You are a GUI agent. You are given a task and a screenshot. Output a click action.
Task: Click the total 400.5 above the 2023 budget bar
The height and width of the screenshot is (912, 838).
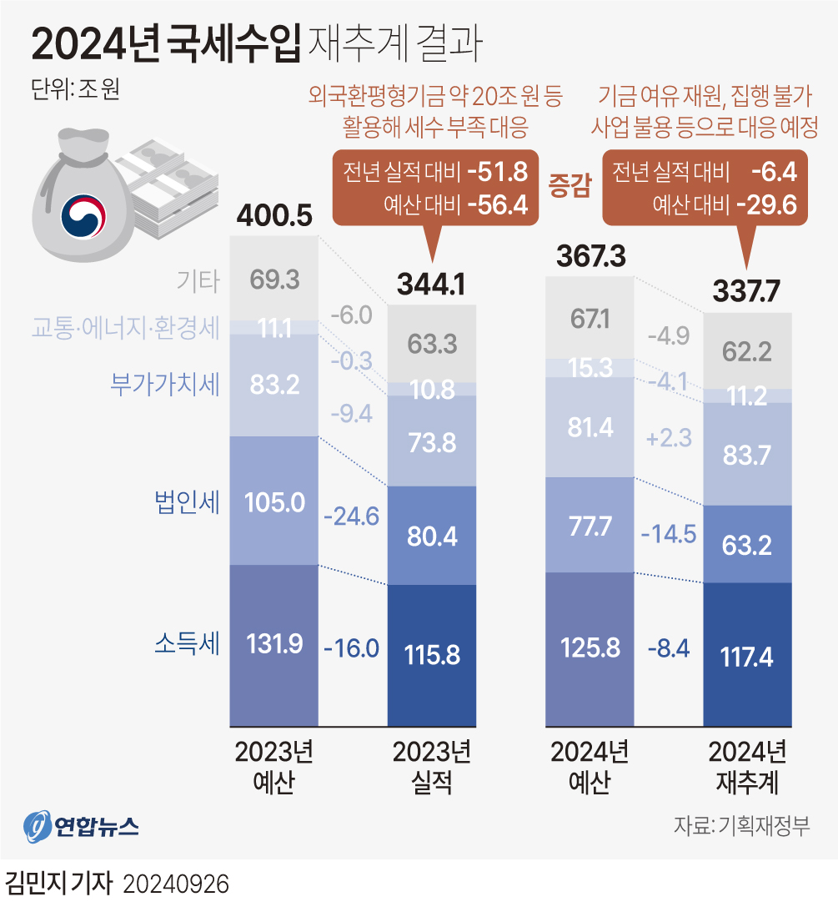[x=274, y=216]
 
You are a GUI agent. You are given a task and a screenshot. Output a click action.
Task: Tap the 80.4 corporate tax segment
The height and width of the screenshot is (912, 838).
[x=432, y=535]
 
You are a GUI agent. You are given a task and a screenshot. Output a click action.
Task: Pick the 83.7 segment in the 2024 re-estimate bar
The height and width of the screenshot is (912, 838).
[x=747, y=455]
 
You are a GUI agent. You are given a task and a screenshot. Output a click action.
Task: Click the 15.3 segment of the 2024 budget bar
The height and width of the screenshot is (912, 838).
[x=589, y=368]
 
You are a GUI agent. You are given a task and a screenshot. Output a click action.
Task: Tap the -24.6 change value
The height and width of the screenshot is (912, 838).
[x=351, y=516]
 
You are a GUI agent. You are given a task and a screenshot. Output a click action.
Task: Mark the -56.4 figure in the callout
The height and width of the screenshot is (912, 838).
[x=498, y=204]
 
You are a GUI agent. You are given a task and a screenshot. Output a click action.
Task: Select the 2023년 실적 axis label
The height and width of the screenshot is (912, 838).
[x=432, y=767]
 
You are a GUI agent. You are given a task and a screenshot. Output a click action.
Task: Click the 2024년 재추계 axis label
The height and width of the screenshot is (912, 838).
[x=747, y=767]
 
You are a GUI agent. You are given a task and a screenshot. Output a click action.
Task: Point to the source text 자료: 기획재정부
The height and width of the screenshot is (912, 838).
[x=741, y=827]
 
